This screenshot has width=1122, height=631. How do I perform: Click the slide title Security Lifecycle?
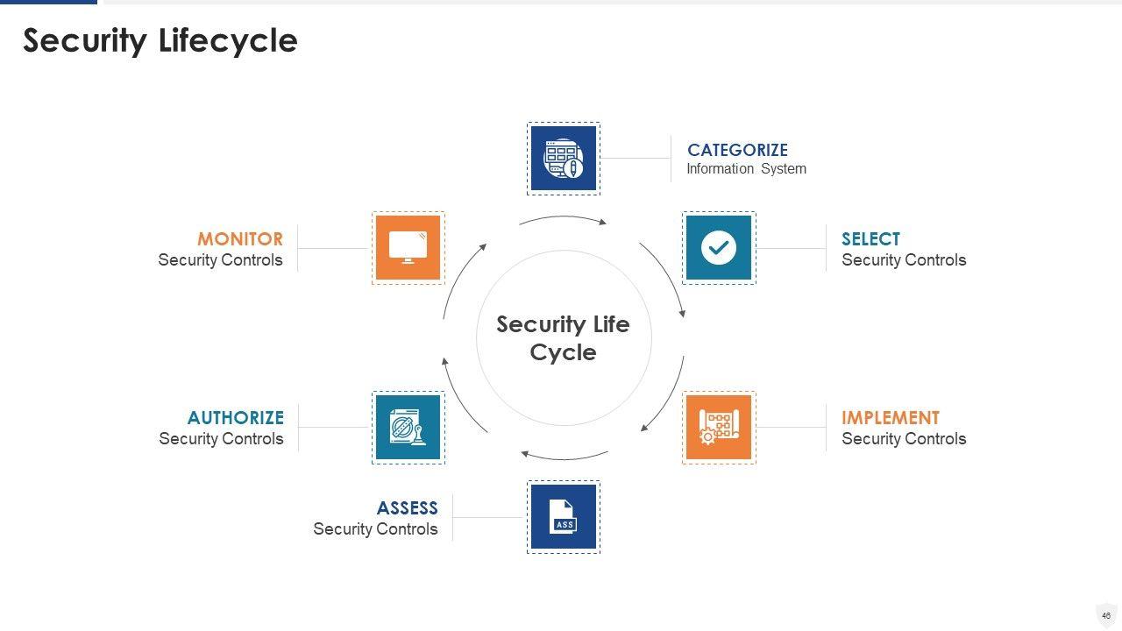pyautogui.click(x=160, y=41)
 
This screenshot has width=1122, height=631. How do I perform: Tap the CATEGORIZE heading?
pyautogui.click(x=737, y=150)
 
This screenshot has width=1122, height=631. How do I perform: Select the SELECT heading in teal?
pyautogui.click(x=870, y=239)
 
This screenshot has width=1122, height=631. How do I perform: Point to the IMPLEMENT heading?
pyautogui.click(x=890, y=418)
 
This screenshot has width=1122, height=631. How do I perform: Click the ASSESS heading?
pyautogui.click(x=407, y=508)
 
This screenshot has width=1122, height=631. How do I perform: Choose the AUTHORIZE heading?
pyautogui.click(x=235, y=418)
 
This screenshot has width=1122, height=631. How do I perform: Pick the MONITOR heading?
pyautogui.click(x=239, y=239)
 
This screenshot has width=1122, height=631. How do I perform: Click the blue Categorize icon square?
pyautogui.click(x=564, y=159)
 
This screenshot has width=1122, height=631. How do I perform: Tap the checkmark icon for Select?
pyautogui.click(x=719, y=248)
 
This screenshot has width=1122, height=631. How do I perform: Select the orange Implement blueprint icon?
pyautogui.click(x=719, y=427)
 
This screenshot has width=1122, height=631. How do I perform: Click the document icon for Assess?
pyautogui.click(x=564, y=517)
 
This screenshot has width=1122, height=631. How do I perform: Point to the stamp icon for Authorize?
pyautogui.click(x=408, y=427)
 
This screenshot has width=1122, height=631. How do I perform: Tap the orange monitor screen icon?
pyautogui.click(x=408, y=248)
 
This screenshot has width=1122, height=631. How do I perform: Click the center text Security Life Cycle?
pyautogui.click(x=563, y=338)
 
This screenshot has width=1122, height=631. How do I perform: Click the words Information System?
pyautogui.click(x=746, y=169)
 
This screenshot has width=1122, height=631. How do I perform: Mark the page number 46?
pyautogui.click(x=1106, y=616)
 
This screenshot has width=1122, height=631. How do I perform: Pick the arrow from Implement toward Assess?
pyautogui.click(x=565, y=457)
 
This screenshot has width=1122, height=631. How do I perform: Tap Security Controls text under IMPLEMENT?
pyautogui.click(x=904, y=439)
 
